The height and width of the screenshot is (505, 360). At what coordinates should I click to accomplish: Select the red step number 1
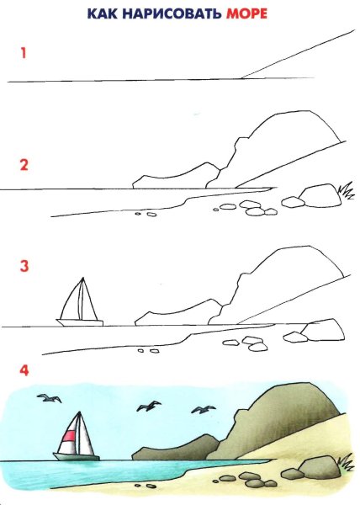[24, 53]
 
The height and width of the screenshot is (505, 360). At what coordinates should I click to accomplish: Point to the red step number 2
[24, 165]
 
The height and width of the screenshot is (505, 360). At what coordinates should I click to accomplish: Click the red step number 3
[24, 268]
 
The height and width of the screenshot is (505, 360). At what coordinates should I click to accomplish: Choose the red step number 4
[24, 370]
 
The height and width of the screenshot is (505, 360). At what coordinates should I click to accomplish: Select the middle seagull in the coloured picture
[149, 407]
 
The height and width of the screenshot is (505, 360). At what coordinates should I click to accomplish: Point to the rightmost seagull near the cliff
[203, 410]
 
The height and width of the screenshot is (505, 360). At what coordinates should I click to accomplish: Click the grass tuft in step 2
[345, 192]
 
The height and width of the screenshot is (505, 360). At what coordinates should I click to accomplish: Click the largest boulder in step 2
[320, 197]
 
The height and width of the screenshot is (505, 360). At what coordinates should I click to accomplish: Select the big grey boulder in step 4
[320, 468]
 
